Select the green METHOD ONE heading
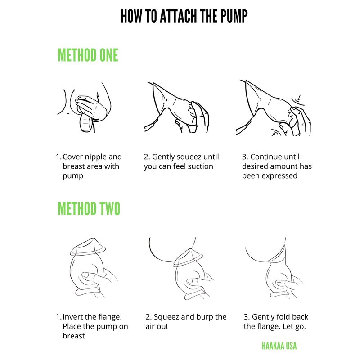coord(88,55)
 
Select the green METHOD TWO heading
coord(89,208)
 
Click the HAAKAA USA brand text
coord(279,346)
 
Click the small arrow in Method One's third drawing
coord(299,97)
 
